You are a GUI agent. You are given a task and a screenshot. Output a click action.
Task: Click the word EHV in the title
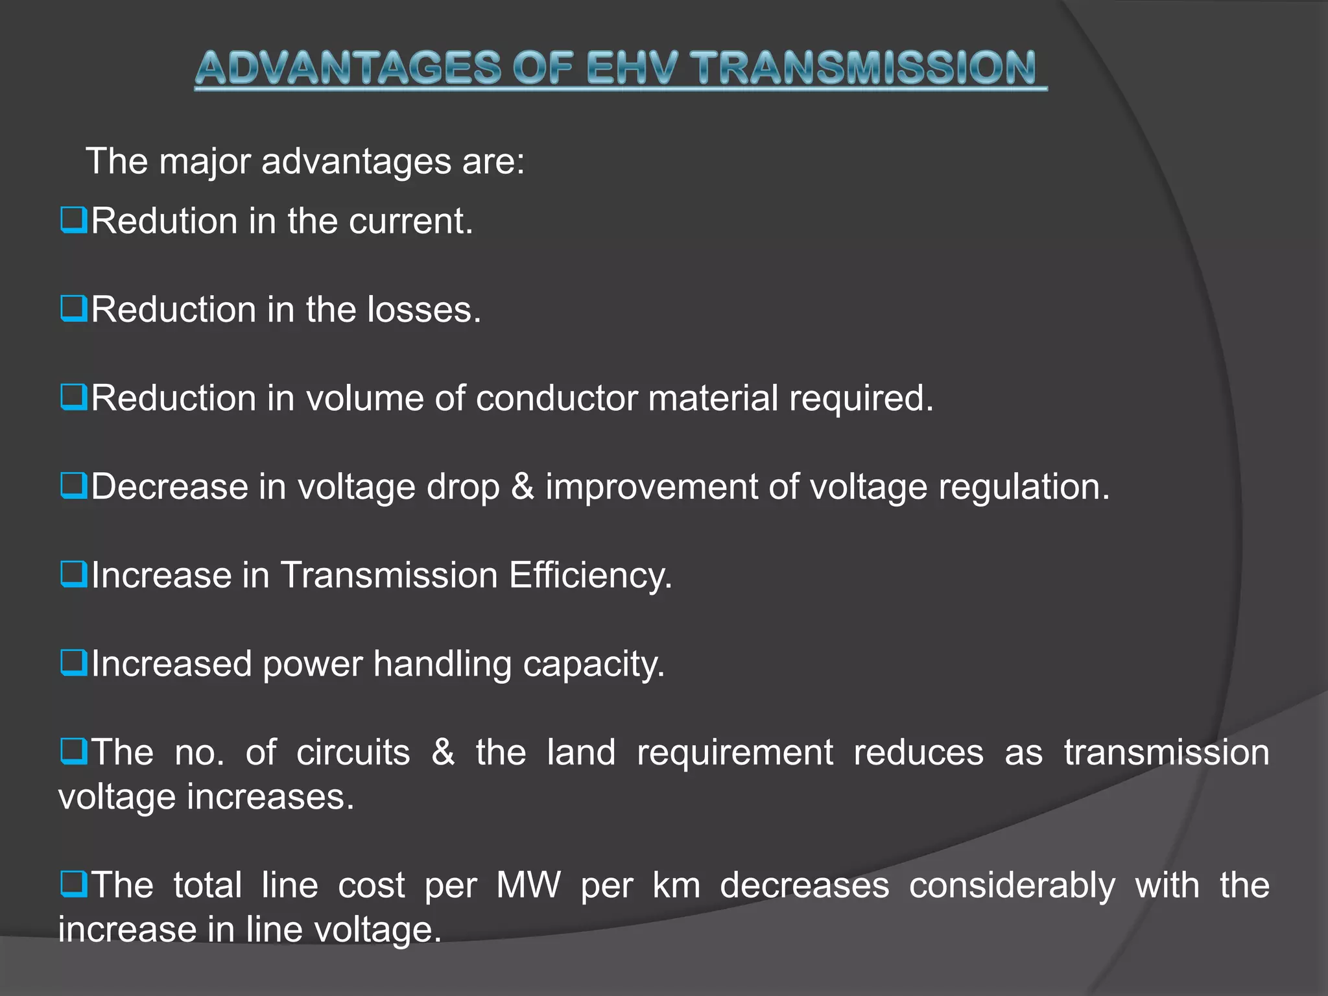(x=633, y=68)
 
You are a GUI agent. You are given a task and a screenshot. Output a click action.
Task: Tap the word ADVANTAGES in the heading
(x=348, y=68)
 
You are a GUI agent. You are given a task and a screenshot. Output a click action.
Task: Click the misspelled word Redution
(x=164, y=221)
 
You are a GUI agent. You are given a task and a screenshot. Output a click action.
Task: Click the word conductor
(x=556, y=398)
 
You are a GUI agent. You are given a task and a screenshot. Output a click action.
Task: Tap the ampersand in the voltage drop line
(x=523, y=486)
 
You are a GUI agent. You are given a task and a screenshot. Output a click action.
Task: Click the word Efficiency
(x=590, y=576)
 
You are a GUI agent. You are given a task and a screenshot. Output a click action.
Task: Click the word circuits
(x=353, y=753)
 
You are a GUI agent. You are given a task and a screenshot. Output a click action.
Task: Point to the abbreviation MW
(x=528, y=886)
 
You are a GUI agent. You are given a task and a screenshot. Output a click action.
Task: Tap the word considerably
(x=1012, y=886)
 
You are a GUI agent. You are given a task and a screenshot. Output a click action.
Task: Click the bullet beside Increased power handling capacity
(x=73, y=663)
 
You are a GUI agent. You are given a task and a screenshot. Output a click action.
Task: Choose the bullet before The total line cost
(x=73, y=884)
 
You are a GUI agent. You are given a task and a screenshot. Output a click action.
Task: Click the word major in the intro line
(x=204, y=162)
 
